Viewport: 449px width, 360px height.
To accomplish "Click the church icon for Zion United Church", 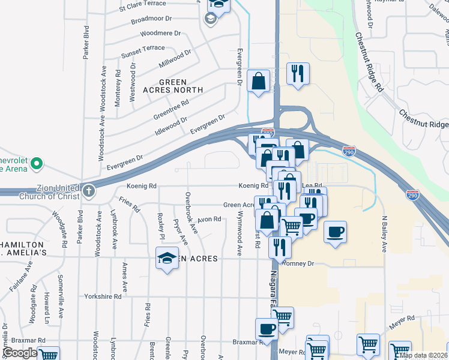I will (89, 191).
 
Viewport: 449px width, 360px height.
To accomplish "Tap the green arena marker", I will (37, 163).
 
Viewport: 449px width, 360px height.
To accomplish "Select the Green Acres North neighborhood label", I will (173, 86).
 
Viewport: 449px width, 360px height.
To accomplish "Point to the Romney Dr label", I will (298, 263).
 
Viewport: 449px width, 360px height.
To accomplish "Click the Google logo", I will (20, 353).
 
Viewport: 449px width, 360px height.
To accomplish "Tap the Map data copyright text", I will (424, 355).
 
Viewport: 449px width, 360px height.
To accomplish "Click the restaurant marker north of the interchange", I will (298, 74).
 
